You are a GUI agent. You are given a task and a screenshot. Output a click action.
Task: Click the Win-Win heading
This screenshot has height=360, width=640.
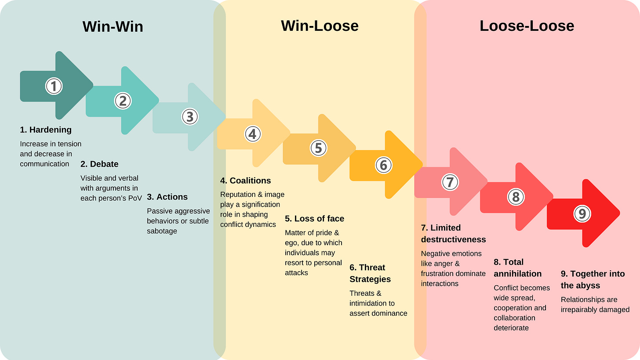click(x=113, y=26)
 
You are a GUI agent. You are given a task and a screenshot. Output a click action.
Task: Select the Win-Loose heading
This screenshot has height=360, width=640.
click(x=320, y=25)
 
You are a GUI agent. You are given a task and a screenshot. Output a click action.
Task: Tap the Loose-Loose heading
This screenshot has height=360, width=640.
click(x=527, y=25)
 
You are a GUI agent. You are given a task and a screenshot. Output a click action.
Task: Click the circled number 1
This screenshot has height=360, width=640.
click(x=54, y=86)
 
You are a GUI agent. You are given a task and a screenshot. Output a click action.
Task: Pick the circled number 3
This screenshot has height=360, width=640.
click(x=190, y=116)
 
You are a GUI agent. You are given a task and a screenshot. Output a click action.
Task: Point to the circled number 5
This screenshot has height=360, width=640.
click(x=319, y=148)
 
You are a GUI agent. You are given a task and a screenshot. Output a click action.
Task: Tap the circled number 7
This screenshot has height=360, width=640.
click(x=450, y=182)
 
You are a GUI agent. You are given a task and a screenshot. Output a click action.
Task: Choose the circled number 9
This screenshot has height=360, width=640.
click(x=582, y=214)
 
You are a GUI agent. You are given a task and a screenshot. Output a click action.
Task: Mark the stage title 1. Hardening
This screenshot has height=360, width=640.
click(x=46, y=130)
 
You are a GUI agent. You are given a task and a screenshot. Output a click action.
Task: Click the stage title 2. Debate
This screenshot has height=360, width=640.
click(x=99, y=164)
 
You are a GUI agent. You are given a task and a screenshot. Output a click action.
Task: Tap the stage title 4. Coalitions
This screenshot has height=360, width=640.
click(x=245, y=181)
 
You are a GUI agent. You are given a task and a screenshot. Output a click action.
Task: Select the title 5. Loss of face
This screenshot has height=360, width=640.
click(x=314, y=218)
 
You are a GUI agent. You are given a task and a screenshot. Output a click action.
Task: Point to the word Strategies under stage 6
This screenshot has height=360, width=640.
click(x=370, y=279)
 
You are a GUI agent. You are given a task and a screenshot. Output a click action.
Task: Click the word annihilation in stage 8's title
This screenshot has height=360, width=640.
click(x=518, y=274)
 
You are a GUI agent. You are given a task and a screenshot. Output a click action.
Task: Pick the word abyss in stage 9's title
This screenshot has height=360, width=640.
click(x=589, y=286)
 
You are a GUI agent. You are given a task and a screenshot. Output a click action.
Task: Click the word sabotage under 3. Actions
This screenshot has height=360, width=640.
click(x=162, y=231)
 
